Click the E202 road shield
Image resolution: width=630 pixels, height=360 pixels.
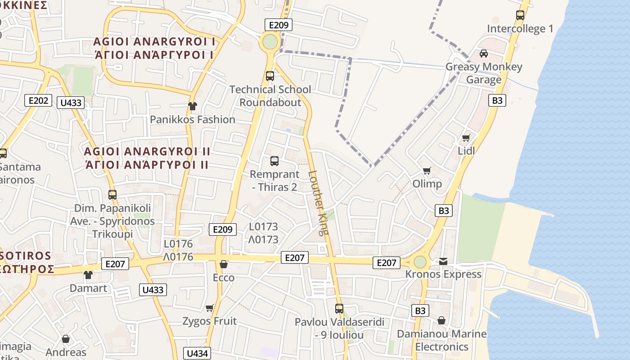pyautogui.click(x=38, y=100)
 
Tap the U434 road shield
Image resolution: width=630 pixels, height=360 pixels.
pyautogui.click(x=197, y=353)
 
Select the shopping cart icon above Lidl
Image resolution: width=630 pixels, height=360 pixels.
pyautogui.click(x=466, y=138)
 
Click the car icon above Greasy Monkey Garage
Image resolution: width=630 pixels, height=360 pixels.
pyautogui.click(x=484, y=54)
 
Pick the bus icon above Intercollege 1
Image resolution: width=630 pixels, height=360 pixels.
pyautogui.click(x=520, y=15)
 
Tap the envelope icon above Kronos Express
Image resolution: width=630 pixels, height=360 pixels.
pyautogui.click(x=443, y=261)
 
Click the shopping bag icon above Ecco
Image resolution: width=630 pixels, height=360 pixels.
pyautogui.click(x=223, y=264)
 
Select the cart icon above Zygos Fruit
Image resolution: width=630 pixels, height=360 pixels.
pyautogui.click(x=209, y=308)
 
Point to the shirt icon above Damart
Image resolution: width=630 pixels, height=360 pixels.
pyautogui.click(x=88, y=274)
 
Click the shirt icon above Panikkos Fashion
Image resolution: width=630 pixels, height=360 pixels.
pyautogui.click(x=193, y=106)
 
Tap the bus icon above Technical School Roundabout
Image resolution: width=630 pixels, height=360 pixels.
pyautogui.click(x=270, y=76)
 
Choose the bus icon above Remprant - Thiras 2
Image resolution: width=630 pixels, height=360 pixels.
pyautogui.click(x=274, y=161)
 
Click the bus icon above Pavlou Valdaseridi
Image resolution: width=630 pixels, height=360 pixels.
pyautogui.click(x=339, y=309)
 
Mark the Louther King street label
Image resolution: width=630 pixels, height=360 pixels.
pyautogui.click(x=319, y=203)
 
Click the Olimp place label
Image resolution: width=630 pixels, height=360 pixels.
pyautogui.click(x=427, y=184)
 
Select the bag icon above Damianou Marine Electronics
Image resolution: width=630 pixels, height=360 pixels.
pyautogui.click(x=441, y=320)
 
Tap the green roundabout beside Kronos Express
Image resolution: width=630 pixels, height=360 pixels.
pyautogui.click(x=420, y=262)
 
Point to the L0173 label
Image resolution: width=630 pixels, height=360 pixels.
pyautogui.click(x=263, y=227)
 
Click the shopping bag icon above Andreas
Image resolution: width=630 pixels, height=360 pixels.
pyautogui.click(x=66, y=339)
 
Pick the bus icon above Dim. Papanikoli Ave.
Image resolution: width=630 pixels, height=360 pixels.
pyautogui.click(x=112, y=195)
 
